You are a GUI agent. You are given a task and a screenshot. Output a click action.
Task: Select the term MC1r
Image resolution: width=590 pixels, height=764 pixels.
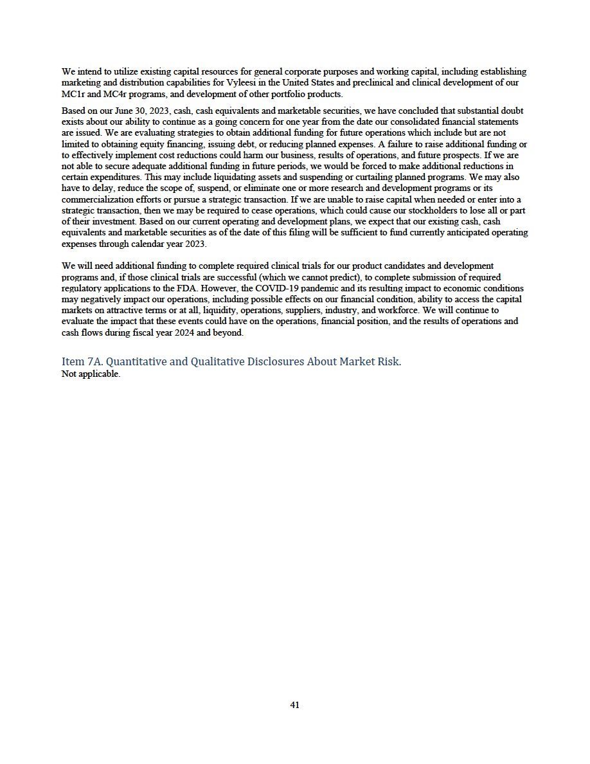tap(73, 94)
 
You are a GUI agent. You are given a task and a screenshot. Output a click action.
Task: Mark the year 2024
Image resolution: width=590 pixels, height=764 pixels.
tap(208, 333)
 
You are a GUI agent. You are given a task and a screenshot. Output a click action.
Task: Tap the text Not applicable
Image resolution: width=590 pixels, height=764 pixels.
tap(91, 374)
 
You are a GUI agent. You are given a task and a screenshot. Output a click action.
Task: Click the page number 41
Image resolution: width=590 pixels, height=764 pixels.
tap(294, 705)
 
